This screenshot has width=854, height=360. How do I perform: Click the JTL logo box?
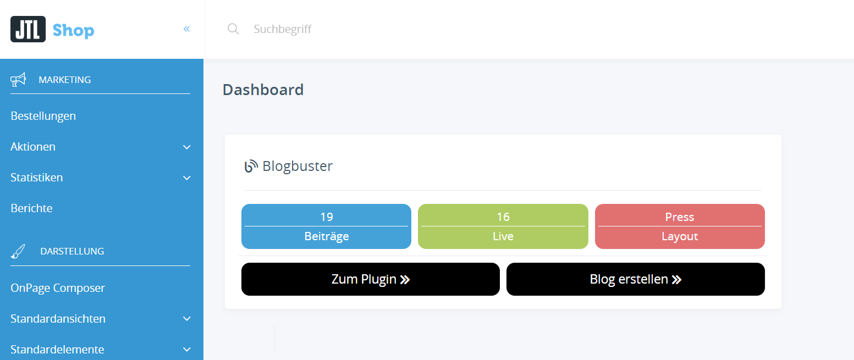[x=27, y=29]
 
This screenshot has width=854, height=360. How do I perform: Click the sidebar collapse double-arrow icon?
[x=187, y=29]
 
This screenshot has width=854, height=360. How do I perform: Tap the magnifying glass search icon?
[x=233, y=29]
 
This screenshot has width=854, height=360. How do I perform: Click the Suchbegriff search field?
[x=385, y=29]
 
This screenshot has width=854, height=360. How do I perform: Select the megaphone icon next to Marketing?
[x=18, y=80]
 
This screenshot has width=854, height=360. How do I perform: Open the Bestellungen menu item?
[x=43, y=116]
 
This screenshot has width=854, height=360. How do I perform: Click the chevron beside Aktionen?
[x=187, y=147]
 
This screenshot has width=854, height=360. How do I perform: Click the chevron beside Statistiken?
[x=187, y=178]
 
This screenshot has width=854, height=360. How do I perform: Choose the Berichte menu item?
[x=32, y=208]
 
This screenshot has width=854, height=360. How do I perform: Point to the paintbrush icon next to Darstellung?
[x=18, y=252]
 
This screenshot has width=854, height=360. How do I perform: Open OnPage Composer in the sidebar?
[x=58, y=288]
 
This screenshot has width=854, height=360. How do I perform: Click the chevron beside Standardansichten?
[x=187, y=319]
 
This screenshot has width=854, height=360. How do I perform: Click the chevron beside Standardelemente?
[x=187, y=350]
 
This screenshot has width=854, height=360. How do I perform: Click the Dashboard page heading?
[x=263, y=90]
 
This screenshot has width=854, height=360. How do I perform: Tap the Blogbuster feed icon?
[x=251, y=166]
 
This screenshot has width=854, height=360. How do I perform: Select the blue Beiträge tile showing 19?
[x=326, y=226]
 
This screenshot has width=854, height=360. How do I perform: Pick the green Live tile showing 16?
[x=503, y=226]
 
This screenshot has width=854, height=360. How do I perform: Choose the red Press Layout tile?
[x=680, y=226]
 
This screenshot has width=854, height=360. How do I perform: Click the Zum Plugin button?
[x=370, y=279]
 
